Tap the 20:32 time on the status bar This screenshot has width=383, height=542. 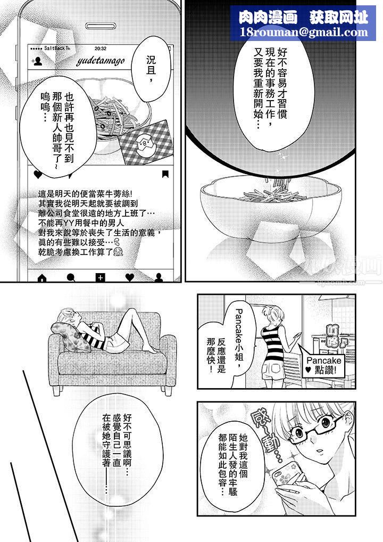point(100,48)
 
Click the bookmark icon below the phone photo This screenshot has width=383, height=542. point(165,174)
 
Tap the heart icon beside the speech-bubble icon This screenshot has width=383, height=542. point(38,174)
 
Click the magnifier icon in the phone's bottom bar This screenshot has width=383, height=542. point(71,277)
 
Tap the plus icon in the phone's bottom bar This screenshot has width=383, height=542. point(100,277)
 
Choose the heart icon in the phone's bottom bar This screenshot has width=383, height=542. point(129,277)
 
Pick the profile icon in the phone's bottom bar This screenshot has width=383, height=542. point(159,277)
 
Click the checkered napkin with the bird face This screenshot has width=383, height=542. point(144,142)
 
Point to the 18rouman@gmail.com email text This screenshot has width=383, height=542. point(304,32)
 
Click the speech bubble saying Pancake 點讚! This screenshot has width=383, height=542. point(325,363)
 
